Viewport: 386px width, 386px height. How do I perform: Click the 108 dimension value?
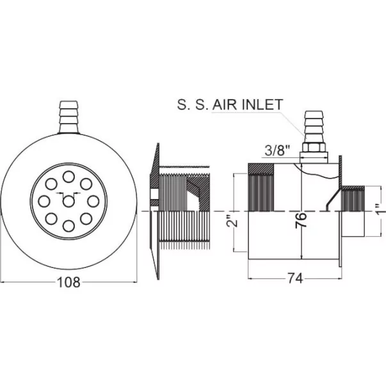point(68,282)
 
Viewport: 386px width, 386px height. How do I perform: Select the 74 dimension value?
point(295,278)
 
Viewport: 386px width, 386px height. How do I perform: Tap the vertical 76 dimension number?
point(301,221)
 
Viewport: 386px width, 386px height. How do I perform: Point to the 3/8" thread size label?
point(277,150)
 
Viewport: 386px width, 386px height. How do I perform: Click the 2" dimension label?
point(232,221)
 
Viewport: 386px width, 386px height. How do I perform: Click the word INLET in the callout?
point(262,104)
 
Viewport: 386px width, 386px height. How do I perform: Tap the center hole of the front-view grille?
point(68,202)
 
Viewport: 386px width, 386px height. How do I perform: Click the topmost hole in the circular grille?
point(68,177)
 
